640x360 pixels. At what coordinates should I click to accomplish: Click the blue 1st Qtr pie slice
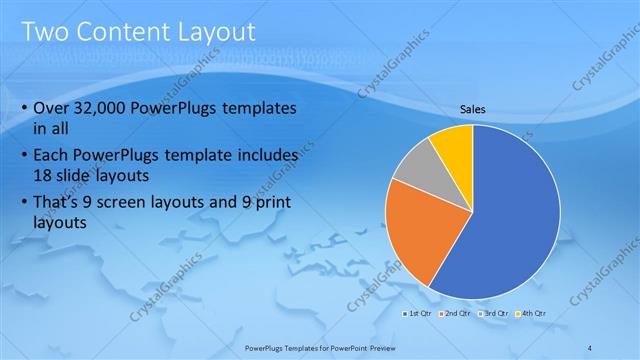coord(510,220)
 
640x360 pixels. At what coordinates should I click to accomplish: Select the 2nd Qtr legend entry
coord(456,314)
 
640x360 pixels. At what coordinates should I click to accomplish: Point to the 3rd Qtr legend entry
coord(494,314)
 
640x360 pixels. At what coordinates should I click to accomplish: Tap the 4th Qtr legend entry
coord(533,314)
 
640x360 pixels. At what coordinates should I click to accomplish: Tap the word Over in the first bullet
coord(51,108)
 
